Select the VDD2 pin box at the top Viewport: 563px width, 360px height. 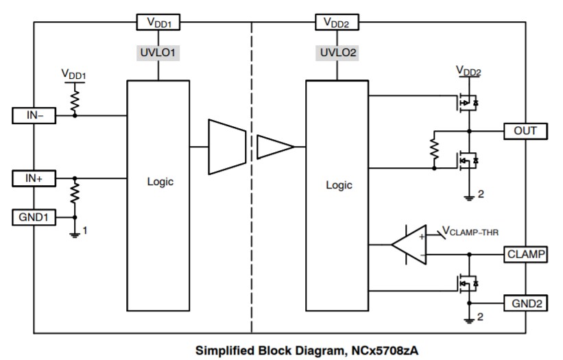[x=336, y=23]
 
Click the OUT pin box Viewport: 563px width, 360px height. [x=525, y=130]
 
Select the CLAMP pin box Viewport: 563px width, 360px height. [x=525, y=254]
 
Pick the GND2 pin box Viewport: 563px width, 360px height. [x=525, y=303]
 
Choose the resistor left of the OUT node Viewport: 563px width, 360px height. [x=433, y=149]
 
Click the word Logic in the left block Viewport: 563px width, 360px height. [x=160, y=182]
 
